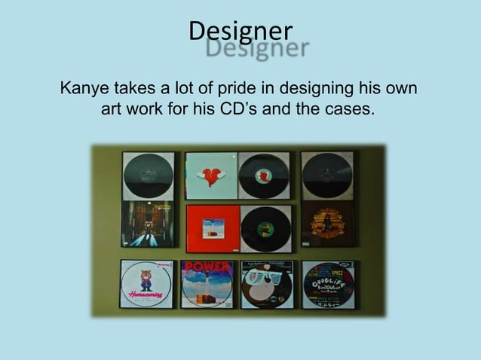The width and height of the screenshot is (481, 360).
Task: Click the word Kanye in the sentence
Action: (84, 90)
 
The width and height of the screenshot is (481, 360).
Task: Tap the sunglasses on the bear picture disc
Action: (265, 278)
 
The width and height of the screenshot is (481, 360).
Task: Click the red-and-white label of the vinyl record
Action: (265, 175)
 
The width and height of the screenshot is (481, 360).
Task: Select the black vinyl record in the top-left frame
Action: (148, 175)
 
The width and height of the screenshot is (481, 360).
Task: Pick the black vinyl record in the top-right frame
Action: (327, 175)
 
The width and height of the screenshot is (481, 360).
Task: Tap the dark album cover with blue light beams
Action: (148, 224)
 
